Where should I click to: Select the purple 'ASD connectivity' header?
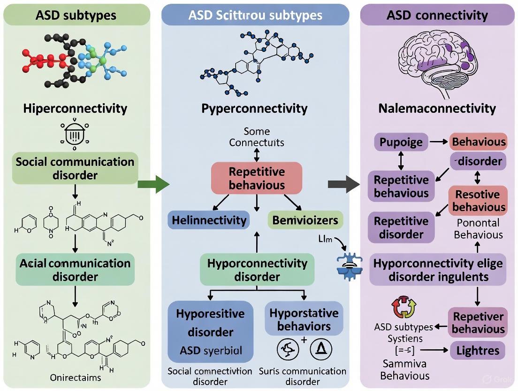point(437,15)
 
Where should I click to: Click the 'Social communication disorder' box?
point(75,168)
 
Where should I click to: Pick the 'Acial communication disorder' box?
point(75,270)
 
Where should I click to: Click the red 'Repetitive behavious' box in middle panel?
point(257,178)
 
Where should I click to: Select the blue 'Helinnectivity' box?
point(209,220)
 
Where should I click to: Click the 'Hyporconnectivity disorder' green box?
point(257,270)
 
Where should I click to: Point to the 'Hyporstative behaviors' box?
point(304,320)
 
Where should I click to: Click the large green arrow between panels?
point(153,184)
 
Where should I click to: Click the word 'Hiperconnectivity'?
point(75,109)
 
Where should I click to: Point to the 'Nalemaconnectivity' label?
point(437,109)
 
